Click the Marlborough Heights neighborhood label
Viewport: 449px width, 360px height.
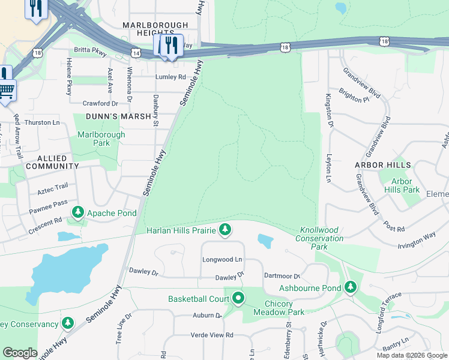[x=155, y=29]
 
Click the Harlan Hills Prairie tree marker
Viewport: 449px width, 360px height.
[x=225, y=229]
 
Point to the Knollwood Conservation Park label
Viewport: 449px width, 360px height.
[x=320, y=238]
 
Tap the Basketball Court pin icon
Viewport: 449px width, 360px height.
[x=238, y=298]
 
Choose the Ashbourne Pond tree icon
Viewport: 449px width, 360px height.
[x=351, y=287]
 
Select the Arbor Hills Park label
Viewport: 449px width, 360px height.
[x=402, y=185]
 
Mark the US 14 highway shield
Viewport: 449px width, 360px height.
[x=137, y=53]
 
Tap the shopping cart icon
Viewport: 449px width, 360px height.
[x=6, y=91]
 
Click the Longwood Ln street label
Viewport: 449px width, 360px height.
[x=222, y=260]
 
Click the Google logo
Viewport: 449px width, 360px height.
[x=20, y=353]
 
